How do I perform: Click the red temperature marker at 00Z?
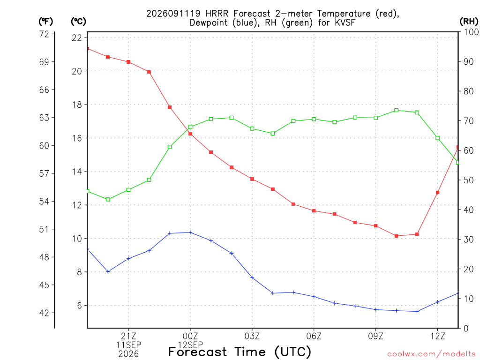[190, 134]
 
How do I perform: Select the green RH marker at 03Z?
[252, 128]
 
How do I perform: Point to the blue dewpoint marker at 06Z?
[314, 297]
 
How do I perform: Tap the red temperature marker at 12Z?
[438, 193]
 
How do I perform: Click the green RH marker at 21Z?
[128, 190]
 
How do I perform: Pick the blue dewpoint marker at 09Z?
[375, 309]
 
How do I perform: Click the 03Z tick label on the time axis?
[252, 337]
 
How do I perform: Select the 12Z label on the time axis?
[438, 337]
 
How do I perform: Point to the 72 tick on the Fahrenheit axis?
[44, 34]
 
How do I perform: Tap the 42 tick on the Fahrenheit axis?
[44, 313]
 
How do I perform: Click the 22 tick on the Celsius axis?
[77, 38]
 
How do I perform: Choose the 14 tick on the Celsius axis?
[77, 172]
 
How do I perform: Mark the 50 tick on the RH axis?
[468, 180]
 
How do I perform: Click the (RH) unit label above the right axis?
[469, 21]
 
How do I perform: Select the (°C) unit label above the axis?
[78, 21]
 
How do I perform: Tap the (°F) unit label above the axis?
[45, 21]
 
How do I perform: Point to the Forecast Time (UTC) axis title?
[240, 352]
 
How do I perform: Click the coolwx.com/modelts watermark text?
[431, 354]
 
